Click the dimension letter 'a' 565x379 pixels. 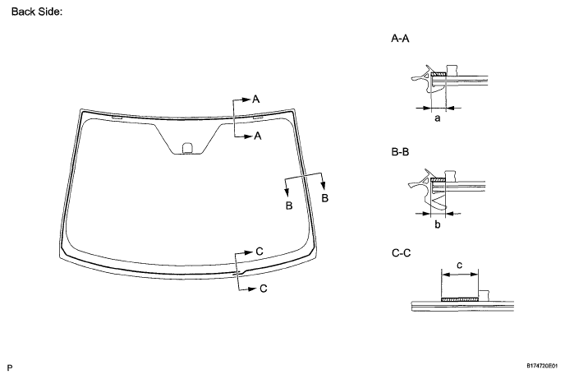[437, 118]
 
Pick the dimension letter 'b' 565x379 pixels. [437, 224]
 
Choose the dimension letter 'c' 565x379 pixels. [459, 265]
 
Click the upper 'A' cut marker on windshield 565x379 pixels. [256, 99]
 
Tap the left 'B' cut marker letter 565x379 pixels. [289, 205]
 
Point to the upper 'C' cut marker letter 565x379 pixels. [260, 250]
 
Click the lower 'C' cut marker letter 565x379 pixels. [263, 289]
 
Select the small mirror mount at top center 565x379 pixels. [187, 148]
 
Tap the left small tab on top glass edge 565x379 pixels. [116, 118]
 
